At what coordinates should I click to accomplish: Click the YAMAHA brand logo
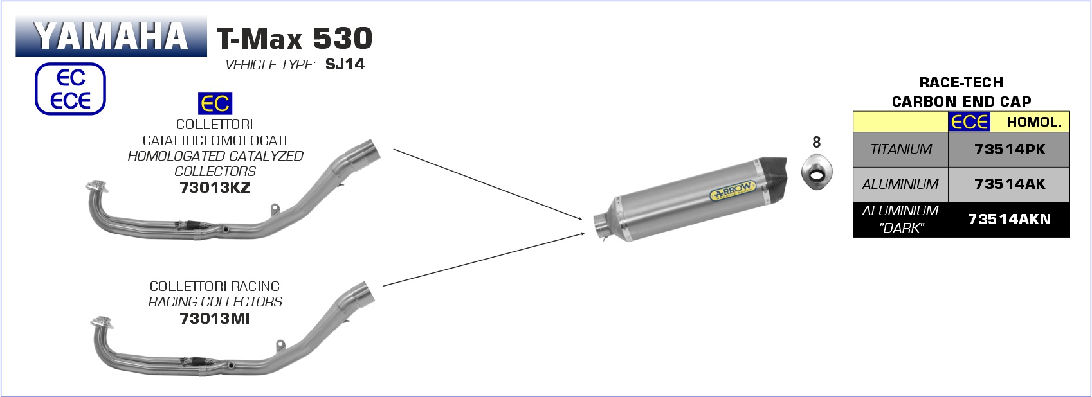click(111, 36)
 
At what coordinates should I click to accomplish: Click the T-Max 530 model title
click(295, 38)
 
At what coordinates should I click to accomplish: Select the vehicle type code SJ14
click(345, 64)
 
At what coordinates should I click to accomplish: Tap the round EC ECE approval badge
click(70, 89)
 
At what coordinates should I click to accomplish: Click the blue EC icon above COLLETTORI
click(215, 103)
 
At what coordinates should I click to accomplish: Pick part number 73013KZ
click(215, 188)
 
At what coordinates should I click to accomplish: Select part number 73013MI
click(215, 319)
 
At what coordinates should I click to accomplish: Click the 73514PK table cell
click(1008, 150)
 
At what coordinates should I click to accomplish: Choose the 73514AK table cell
click(1008, 184)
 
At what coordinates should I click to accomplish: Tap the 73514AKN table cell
click(1008, 220)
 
